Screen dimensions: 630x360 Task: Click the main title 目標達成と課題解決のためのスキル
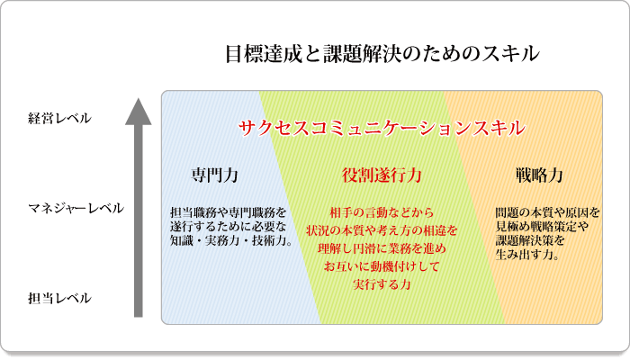pyautogui.click(x=382, y=54)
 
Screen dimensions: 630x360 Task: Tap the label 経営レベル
pyautogui.click(x=59, y=119)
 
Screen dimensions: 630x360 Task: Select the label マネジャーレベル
pyautogui.click(x=76, y=208)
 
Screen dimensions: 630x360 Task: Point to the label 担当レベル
pyautogui.click(x=59, y=299)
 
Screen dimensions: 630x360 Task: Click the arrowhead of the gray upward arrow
pyautogui.click(x=139, y=112)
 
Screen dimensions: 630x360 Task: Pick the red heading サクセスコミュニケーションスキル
pyautogui.click(x=382, y=129)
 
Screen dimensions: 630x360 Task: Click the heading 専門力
pyautogui.click(x=214, y=175)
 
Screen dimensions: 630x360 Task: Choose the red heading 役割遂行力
pyautogui.click(x=382, y=175)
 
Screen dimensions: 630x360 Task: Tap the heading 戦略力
pyautogui.click(x=539, y=175)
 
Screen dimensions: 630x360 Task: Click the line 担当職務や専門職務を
pyautogui.click(x=229, y=212)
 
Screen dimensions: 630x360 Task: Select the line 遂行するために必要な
pyautogui.click(x=229, y=227)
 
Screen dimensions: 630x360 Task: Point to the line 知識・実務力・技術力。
pyautogui.click(x=231, y=241)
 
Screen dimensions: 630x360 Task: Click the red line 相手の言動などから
pyautogui.click(x=382, y=212)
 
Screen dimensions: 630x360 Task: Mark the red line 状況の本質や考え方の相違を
pyautogui.click(x=382, y=230)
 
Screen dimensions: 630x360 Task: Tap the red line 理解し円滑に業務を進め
pyautogui.click(x=382, y=248)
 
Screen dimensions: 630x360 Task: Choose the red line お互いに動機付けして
pyautogui.click(x=382, y=266)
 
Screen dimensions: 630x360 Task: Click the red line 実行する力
pyautogui.click(x=382, y=284)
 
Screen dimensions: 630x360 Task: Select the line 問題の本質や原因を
pyautogui.click(x=547, y=212)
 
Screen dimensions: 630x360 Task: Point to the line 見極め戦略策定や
pyautogui.click(x=542, y=227)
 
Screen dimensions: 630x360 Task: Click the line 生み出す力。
pyautogui.click(x=527, y=255)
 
